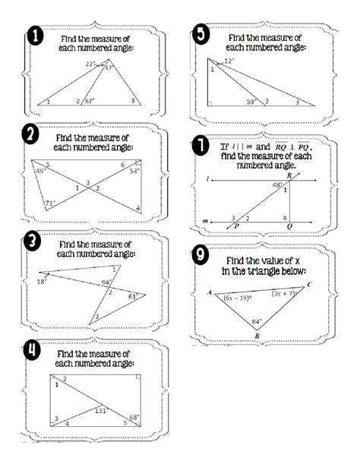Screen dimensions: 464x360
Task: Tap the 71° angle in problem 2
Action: click(49, 203)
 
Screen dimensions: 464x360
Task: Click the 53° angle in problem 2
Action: click(134, 172)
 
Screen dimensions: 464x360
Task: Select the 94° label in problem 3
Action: click(106, 283)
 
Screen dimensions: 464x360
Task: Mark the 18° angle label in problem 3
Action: click(42, 281)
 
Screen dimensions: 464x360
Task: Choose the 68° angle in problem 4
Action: click(134, 418)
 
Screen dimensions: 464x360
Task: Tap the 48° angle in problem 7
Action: click(277, 184)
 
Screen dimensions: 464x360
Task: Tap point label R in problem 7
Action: click(289, 174)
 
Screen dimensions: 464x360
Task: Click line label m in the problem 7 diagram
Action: click(205, 222)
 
